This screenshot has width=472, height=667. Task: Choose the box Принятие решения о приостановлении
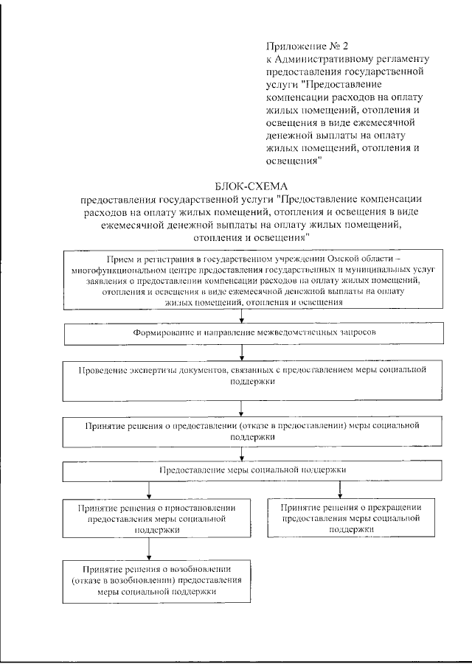[149, 519]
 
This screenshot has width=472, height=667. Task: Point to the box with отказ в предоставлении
[241, 430]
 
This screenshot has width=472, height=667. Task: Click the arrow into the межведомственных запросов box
[241, 317]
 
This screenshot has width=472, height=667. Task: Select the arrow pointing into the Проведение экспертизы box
[241, 354]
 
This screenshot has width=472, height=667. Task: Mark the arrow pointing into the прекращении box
[340, 489]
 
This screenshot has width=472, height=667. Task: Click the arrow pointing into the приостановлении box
[149, 490]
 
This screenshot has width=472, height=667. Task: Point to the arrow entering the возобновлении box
[149, 550]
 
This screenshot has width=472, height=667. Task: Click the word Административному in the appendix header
[325, 59]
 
